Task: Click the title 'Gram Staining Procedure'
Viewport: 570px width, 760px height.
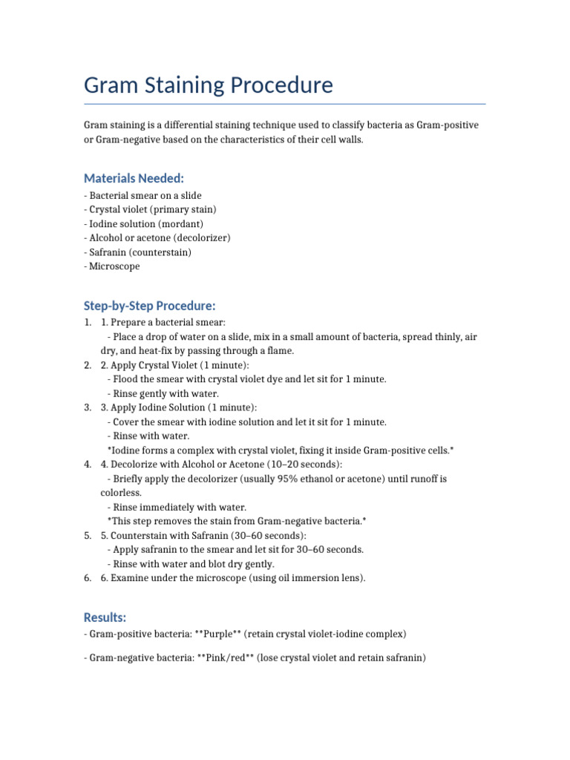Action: point(209,85)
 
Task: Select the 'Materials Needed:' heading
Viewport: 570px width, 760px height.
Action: point(134,178)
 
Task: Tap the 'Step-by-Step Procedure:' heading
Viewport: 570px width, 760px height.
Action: point(149,306)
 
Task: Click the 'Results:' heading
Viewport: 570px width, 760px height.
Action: point(105,617)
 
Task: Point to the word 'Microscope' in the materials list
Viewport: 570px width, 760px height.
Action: point(115,266)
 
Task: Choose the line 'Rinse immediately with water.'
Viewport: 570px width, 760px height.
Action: point(177,508)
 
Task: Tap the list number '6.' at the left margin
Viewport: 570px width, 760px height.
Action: point(88,578)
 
